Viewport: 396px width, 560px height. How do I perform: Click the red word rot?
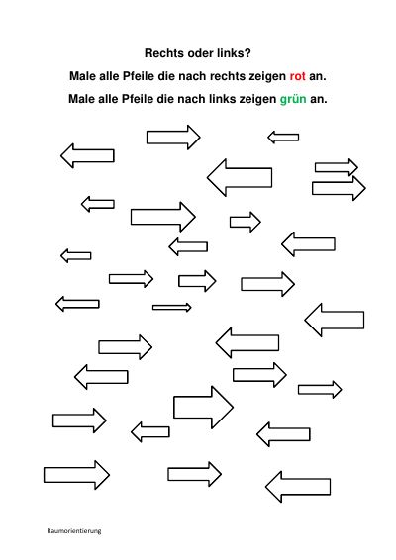(x=297, y=76)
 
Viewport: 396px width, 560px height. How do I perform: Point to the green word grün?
(x=293, y=99)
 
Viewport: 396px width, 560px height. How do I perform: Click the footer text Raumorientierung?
(x=74, y=530)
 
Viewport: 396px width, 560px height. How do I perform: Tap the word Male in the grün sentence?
(x=82, y=99)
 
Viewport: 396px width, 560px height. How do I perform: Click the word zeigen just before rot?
(x=272, y=76)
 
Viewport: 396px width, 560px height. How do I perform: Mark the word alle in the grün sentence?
(x=108, y=99)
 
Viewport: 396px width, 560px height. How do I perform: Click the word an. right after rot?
(x=318, y=76)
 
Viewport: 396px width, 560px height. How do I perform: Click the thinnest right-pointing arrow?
(x=172, y=307)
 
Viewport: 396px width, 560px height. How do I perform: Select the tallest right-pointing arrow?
(x=203, y=408)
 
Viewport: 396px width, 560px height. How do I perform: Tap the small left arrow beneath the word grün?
(x=283, y=138)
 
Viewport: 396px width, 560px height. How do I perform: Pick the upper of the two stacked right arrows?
(x=337, y=167)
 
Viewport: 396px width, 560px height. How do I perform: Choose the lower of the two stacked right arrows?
(x=339, y=188)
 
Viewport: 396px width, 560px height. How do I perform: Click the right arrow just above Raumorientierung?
(x=76, y=475)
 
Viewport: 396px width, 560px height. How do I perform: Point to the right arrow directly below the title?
(x=173, y=138)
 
